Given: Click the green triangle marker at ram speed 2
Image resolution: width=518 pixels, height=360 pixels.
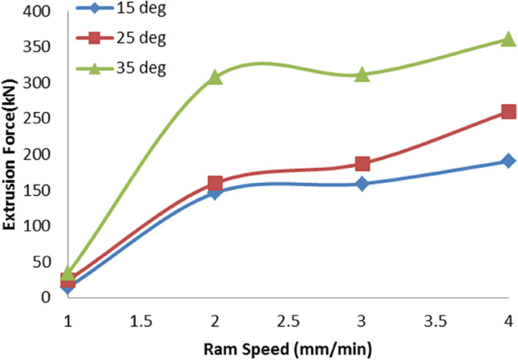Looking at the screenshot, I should coord(216,76).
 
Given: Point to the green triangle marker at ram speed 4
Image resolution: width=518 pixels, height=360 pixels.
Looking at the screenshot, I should coord(508,39).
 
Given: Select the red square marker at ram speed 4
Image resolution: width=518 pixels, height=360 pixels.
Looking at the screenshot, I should coord(508,112).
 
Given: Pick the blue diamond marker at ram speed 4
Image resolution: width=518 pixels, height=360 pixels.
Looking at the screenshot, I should coord(508,160).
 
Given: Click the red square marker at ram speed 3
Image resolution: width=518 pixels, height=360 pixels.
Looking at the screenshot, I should coord(362,164).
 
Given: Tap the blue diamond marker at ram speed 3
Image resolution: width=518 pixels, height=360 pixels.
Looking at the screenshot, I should coord(362,184).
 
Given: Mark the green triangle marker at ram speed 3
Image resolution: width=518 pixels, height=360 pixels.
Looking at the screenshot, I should coord(362,74).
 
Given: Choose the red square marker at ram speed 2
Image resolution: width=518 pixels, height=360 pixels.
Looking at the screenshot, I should coord(216,183).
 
